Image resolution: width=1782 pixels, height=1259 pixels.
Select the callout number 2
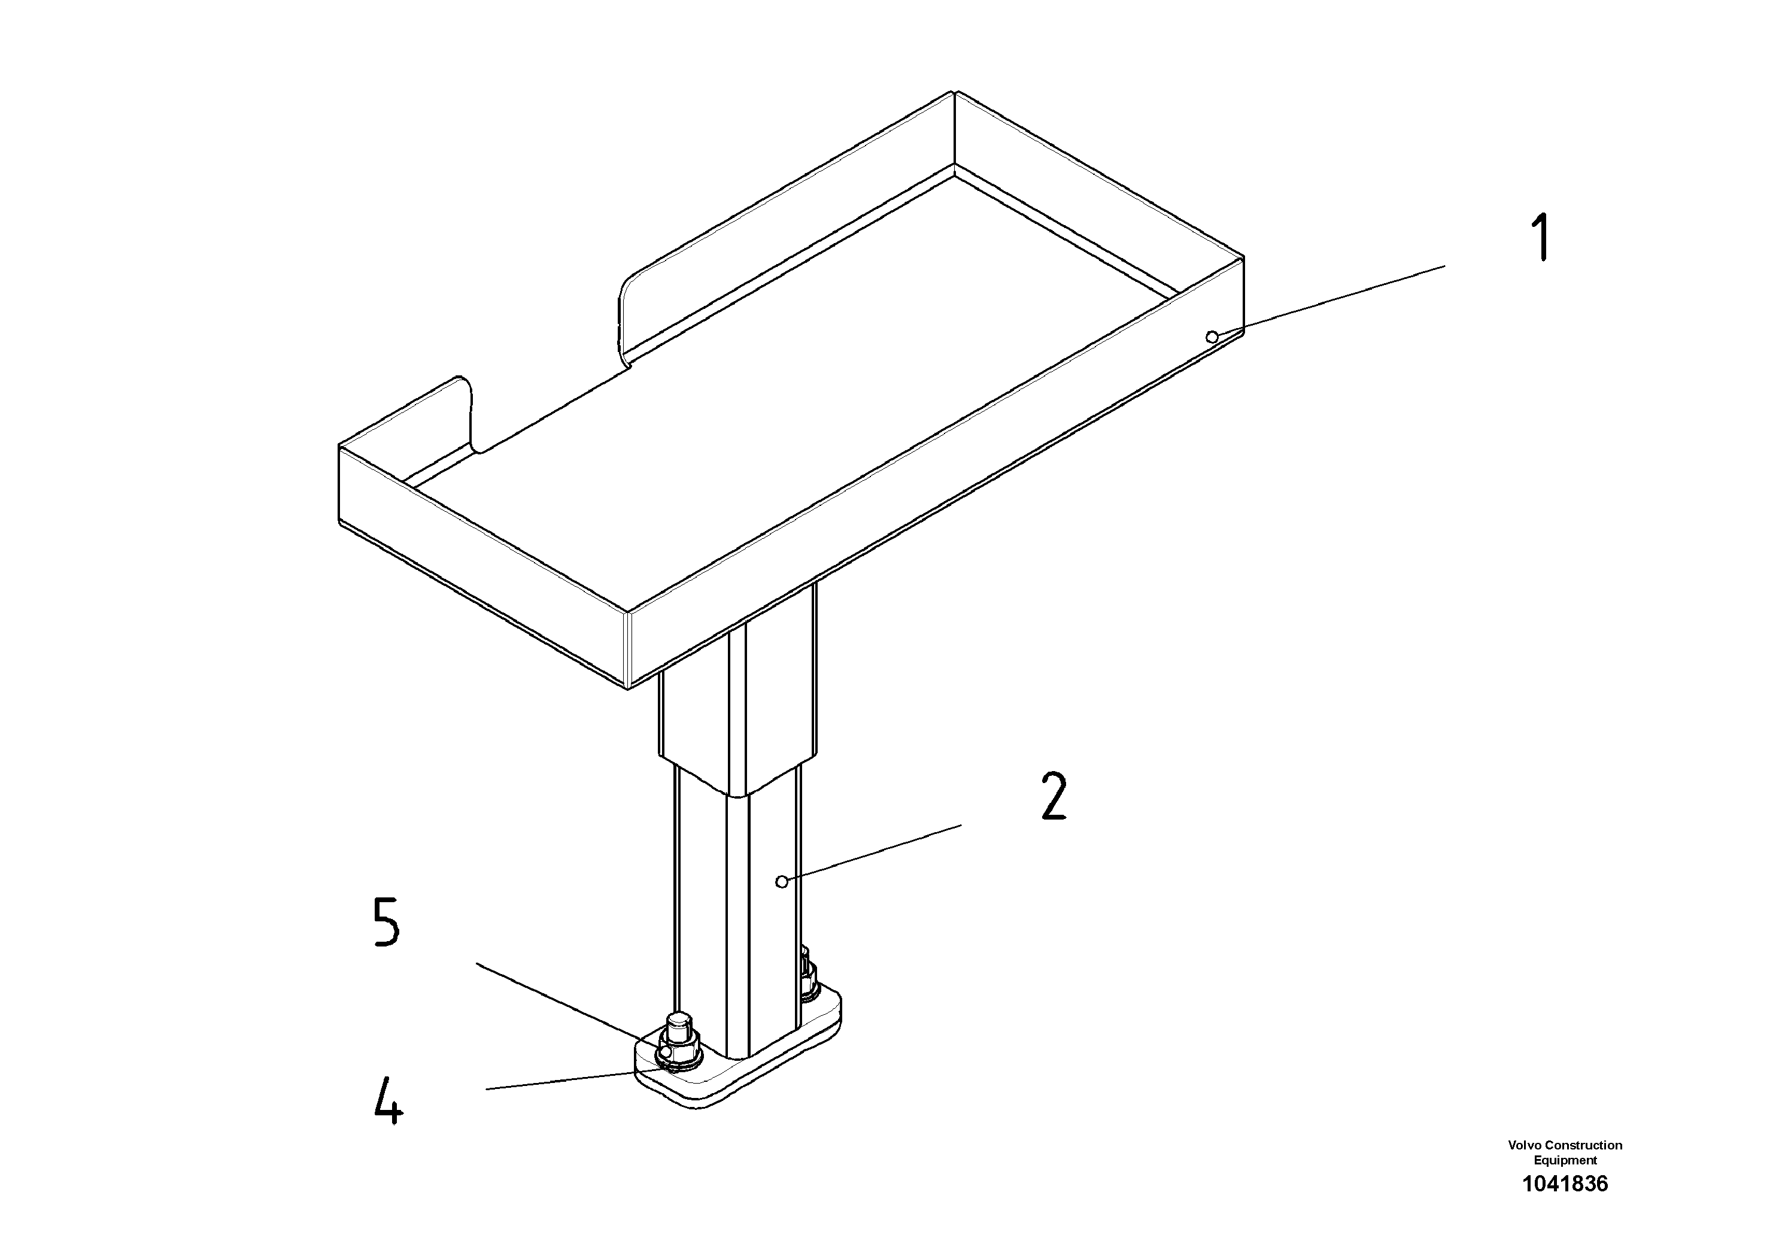tap(1053, 796)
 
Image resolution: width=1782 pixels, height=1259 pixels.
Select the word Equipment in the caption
tap(1565, 1160)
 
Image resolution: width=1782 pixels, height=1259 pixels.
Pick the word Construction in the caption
tap(1583, 1145)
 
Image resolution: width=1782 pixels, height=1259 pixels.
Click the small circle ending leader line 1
tap(1212, 336)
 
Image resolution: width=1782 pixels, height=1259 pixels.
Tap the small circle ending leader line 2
tap(782, 881)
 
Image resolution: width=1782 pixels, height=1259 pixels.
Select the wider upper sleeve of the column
tap(737, 699)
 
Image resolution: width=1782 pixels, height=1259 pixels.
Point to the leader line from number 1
tap(1331, 301)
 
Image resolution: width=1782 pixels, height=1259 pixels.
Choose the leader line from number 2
tap(873, 853)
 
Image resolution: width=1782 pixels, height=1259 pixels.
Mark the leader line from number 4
tap(574, 1081)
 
